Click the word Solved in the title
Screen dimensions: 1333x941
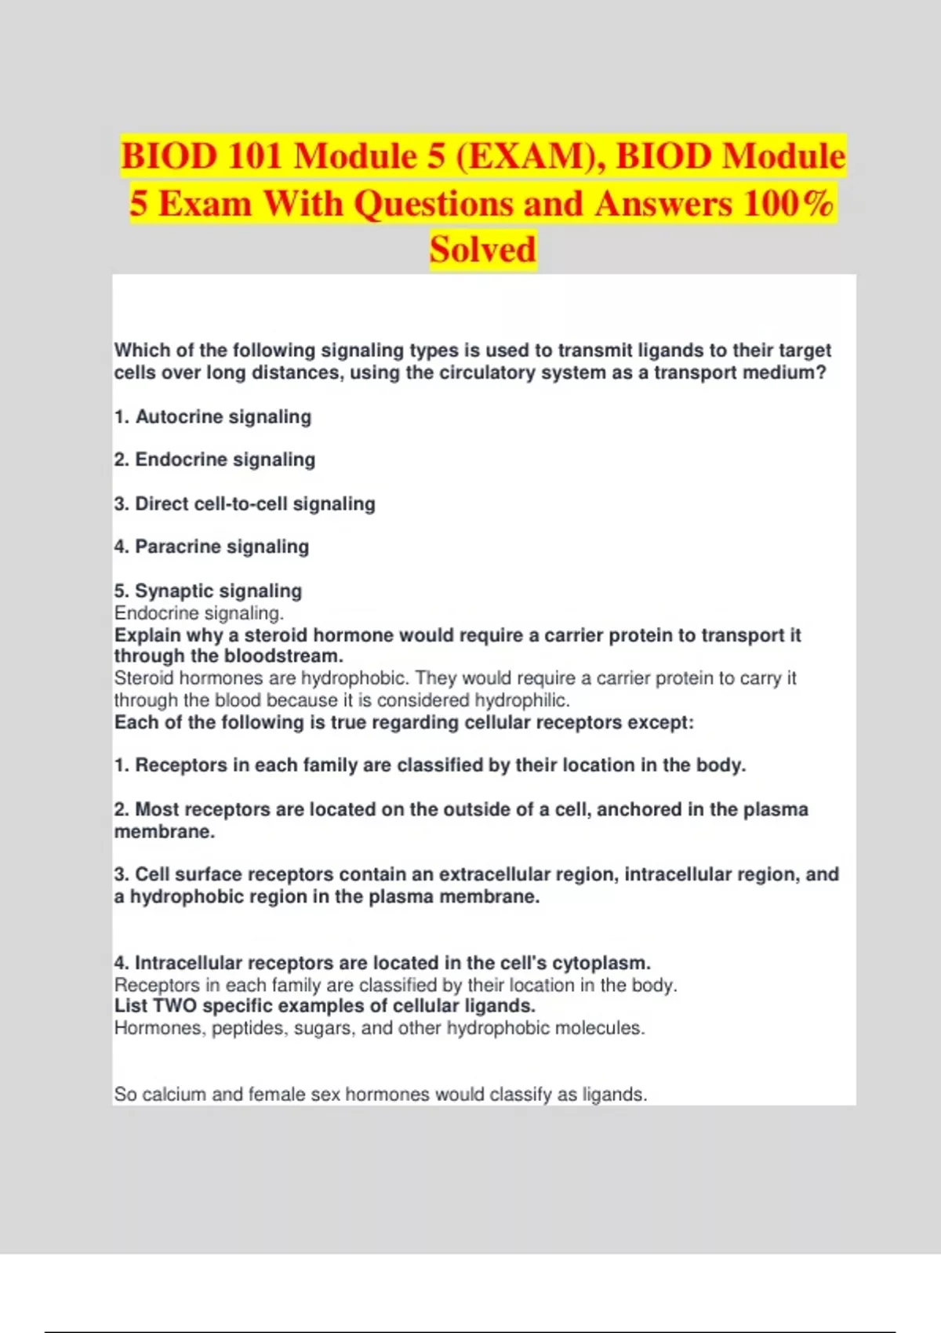point(482,250)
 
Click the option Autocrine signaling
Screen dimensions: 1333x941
point(223,417)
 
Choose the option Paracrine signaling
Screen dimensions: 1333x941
point(222,547)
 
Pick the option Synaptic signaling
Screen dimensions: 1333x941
point(218,590)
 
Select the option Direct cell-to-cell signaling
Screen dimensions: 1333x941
point(255,503)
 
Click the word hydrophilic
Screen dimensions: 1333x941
point(521,700)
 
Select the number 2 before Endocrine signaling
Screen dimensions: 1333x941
point(121,459)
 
